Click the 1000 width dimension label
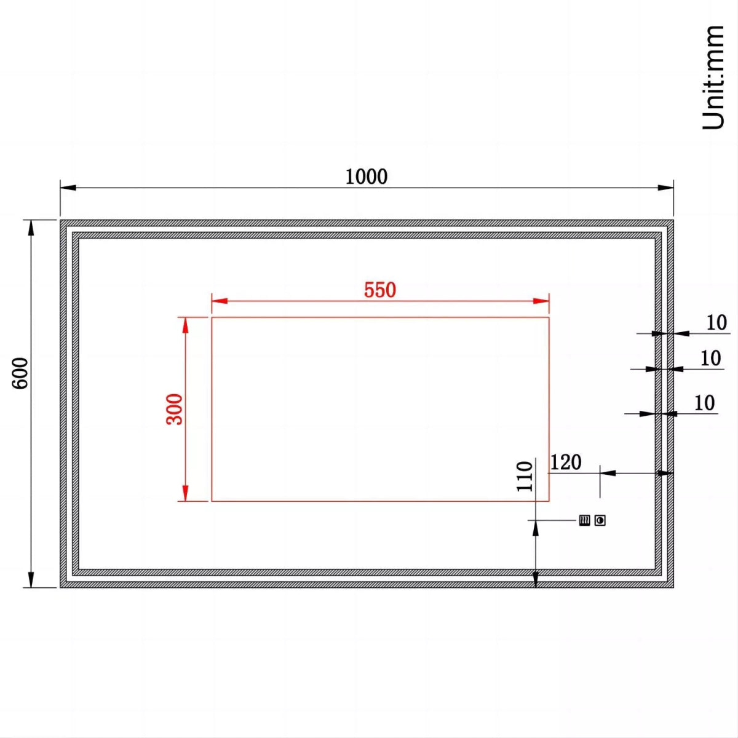[x=366, y=177]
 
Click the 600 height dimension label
[x=20, y=373]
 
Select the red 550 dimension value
[x=379, y=290]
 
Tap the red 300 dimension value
[x=175, y=409]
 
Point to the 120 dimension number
[x=565, y=462]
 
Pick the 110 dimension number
[x=525, y=476]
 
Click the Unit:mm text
[x=713, y=77]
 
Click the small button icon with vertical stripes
[x=584, y=521]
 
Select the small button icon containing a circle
[x=600, y=521]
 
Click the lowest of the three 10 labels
[x=704, y=403]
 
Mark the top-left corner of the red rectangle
[x=212, y=317]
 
